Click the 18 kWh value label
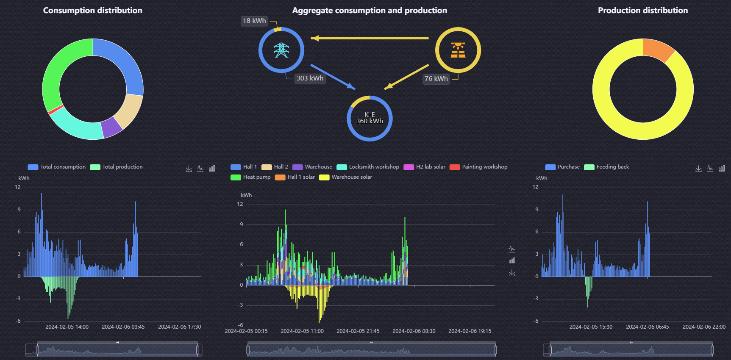254,21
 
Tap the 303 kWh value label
310,78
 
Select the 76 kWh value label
436,79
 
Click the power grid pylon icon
281,50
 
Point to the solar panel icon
458,50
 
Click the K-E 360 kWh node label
370,118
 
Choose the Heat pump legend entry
250,177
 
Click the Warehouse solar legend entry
345,177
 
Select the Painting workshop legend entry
478,167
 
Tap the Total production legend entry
116,167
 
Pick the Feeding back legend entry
606,167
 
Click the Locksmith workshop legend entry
368,167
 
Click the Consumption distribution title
93,11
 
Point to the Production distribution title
643,11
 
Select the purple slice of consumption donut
111,127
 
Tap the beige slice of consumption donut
129,111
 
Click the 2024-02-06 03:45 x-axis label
123,327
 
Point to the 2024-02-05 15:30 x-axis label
591,327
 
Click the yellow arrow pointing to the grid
370,38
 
